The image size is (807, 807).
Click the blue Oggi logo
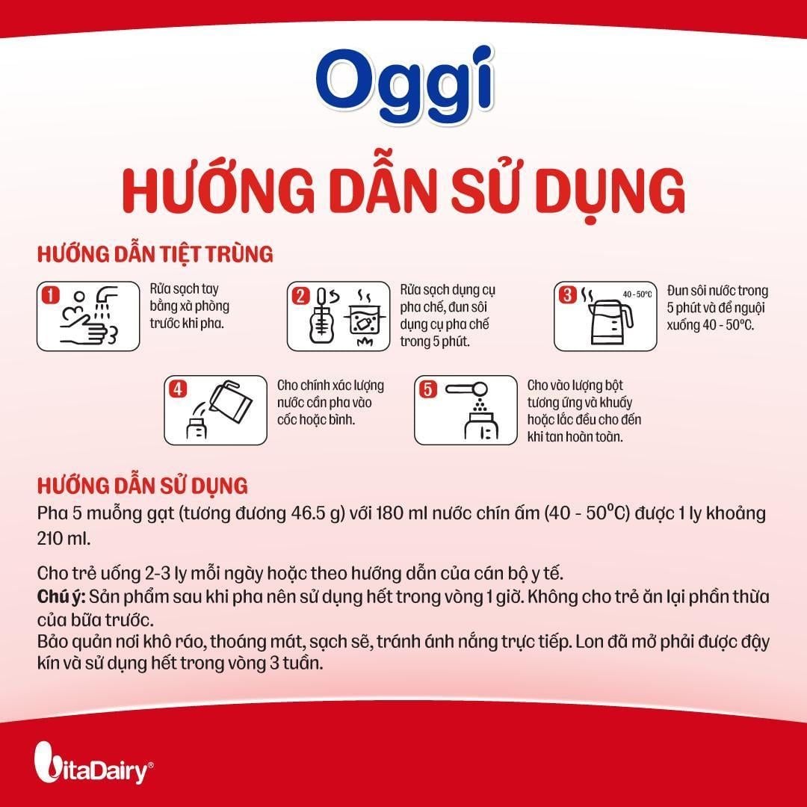tap(405, 86)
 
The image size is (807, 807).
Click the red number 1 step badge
tap(51, 295)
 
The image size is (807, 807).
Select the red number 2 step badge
tap(300, 295)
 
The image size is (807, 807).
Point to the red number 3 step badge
tap(567, 295)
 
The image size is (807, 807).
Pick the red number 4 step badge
tap(178, 389)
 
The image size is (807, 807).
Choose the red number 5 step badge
tap(427, 389)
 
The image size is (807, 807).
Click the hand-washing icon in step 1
tap(90, 317)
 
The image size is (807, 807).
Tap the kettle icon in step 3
tap(610, 322)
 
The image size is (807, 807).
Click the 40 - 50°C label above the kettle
tap(637, 294)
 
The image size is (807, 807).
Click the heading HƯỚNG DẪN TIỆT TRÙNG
tap(155, 255)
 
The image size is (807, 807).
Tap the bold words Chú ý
tap(61, 597)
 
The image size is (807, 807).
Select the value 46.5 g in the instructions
tap(318, 513)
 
